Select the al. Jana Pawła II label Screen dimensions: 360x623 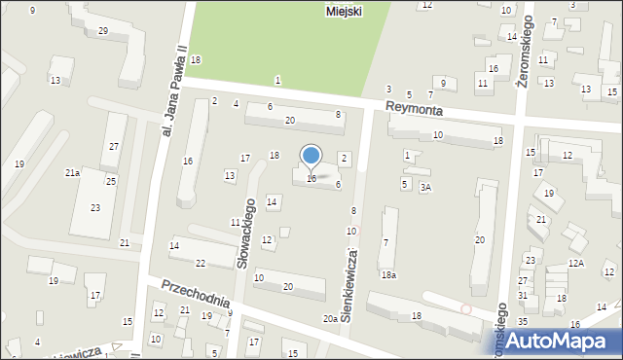173,90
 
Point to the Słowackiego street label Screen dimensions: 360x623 247,233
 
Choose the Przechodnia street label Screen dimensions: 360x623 196,295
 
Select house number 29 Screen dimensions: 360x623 102,31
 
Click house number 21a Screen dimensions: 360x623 72,172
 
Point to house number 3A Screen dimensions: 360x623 425,187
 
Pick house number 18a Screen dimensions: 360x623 388,275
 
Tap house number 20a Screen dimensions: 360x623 331,318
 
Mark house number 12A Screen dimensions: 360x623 576,264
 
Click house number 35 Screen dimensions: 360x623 523,321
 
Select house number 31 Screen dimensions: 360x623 523,296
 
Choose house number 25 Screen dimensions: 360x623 111,181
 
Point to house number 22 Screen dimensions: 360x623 200,264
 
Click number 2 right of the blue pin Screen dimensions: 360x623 344,158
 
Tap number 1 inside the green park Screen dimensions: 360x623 277,79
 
